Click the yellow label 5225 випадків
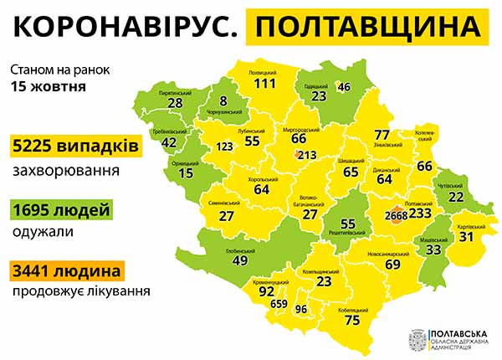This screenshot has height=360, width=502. pyautogui.click(x=75, y=147)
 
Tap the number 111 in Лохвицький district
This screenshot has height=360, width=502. pyautogui.click(x=264, y=84)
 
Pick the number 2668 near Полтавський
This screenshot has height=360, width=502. pyautogui.click(x=397, y=216)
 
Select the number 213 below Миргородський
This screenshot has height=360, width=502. pyautogui.click(x=306, y=155)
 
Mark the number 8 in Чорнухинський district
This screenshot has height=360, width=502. pyautogui.click(x=223, y=101)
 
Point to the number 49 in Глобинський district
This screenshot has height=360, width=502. pyautogui.click(x=239, y=260)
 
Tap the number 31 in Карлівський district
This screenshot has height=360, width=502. pyautogui.click(x=466, y=238)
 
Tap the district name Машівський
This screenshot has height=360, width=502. pyautogui.click(x=433, y=240)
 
